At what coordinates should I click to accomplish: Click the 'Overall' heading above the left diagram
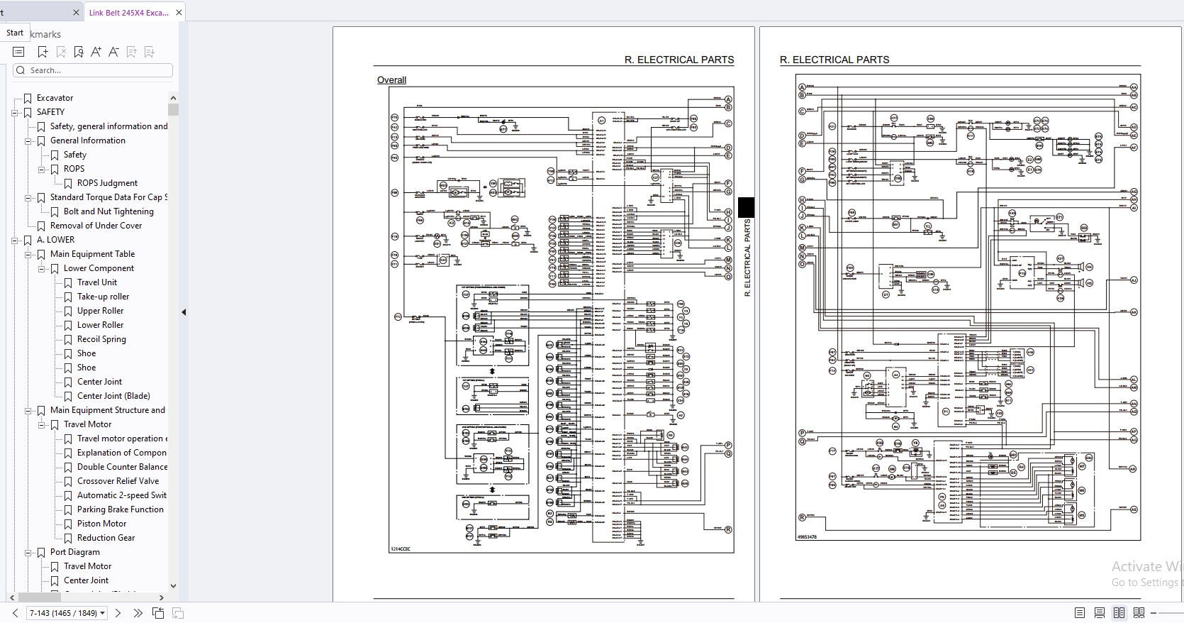point(391,80)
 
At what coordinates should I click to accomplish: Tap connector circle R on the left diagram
point(728,529)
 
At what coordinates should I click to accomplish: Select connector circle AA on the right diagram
point(1134,87)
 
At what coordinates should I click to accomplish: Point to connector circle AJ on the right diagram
point(1134,280)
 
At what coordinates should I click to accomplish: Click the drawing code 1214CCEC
point(401,548)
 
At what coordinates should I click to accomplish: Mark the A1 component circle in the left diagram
point(601,121)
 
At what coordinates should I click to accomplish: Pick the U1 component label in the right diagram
point(886,294)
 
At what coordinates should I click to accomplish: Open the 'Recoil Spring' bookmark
point(101,339)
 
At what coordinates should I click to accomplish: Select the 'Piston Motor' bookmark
point(101,524)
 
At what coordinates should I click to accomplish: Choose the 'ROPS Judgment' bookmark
point(107,183)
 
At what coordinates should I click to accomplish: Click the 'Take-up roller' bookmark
point(103,297)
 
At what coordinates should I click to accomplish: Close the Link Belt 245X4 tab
point(179,12)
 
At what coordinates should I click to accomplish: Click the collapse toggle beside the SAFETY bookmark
point(14,112)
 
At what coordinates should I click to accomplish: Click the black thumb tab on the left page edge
point(746,207)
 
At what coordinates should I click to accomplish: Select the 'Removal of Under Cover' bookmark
point(96,226)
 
